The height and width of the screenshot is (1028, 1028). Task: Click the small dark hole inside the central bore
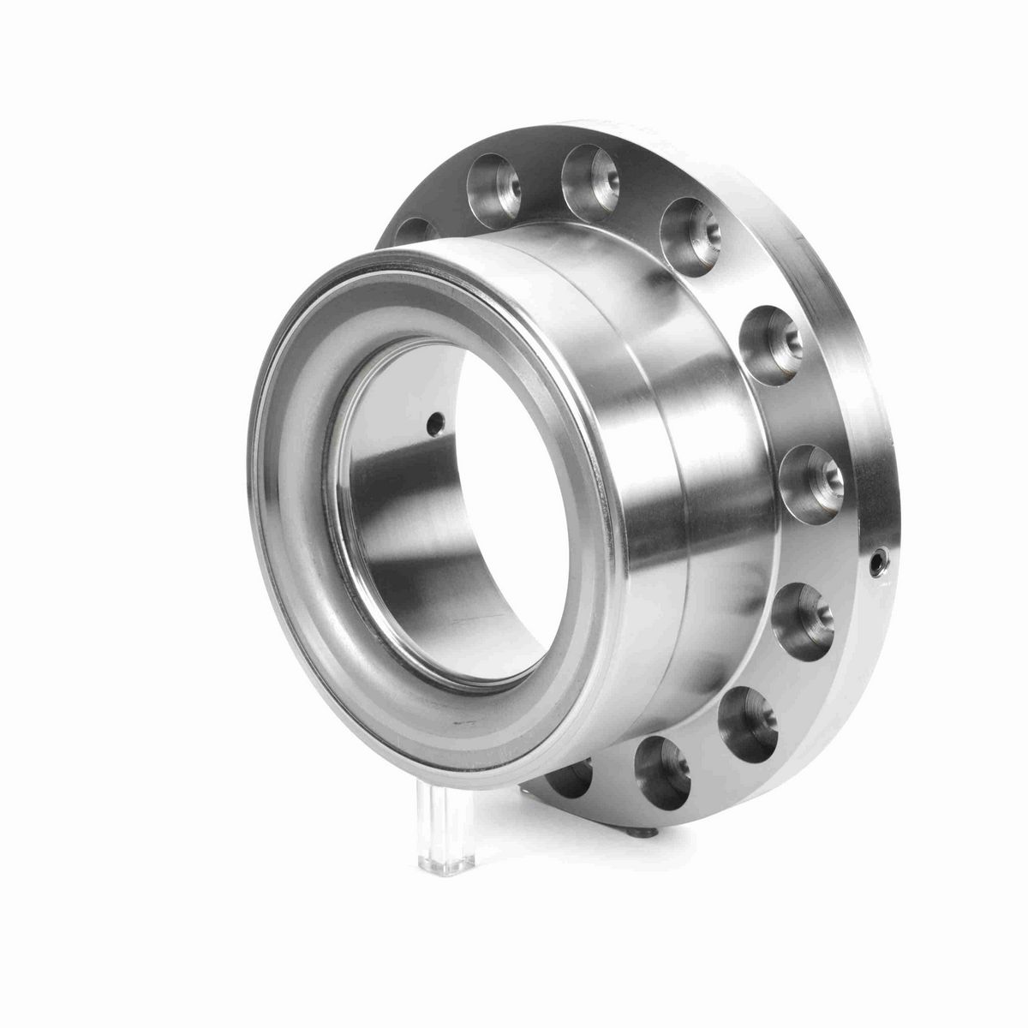point(435,421)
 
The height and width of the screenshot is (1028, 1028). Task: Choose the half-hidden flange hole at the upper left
point(412,231)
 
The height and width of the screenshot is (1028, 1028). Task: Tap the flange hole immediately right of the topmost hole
point(693,226)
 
